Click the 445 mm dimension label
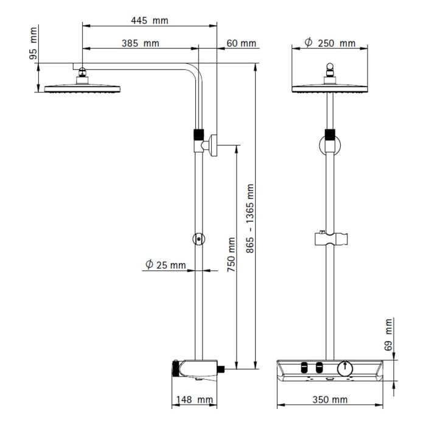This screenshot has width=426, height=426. (149, 20)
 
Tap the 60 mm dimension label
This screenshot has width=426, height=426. (241, 43)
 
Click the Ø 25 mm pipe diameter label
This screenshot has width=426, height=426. (165, 265)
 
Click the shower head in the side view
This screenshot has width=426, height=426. (82, 88)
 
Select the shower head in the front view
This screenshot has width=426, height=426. (329, 88)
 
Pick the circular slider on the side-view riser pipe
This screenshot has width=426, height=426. (198, 240)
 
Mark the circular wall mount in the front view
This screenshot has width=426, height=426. (329, 146)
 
